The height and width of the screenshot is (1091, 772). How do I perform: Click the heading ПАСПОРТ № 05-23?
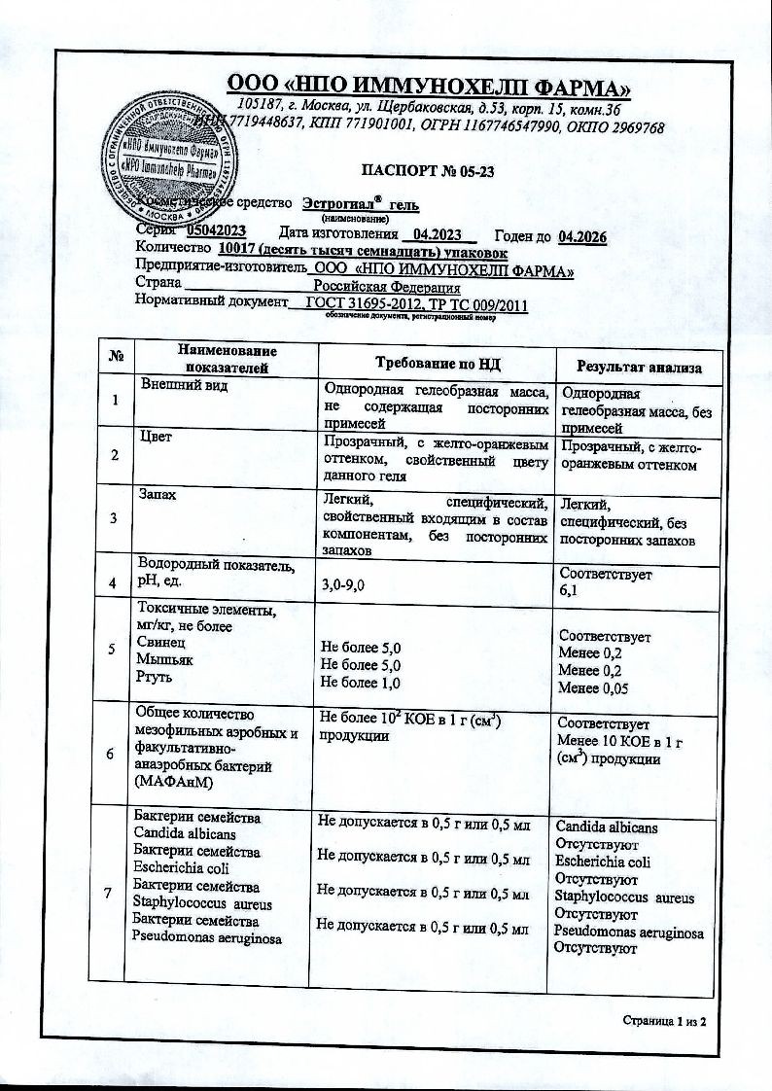pyautogui.click(x=428, y=172)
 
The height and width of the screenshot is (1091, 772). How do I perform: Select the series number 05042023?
pyautogui.click(x=216, y=231)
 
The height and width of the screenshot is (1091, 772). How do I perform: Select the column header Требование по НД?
pyautogui.click(x=437, y=362)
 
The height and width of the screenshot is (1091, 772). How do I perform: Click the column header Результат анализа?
pyautogui.click(x=639, y=367)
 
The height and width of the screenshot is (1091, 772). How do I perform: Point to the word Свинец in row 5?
pyautogui.click(x=161, y=643)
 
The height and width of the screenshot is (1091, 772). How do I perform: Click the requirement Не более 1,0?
pyautogui.click(x=361, y=682)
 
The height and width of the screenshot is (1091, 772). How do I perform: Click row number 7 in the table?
pyautogui.click(x=117, y=894)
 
